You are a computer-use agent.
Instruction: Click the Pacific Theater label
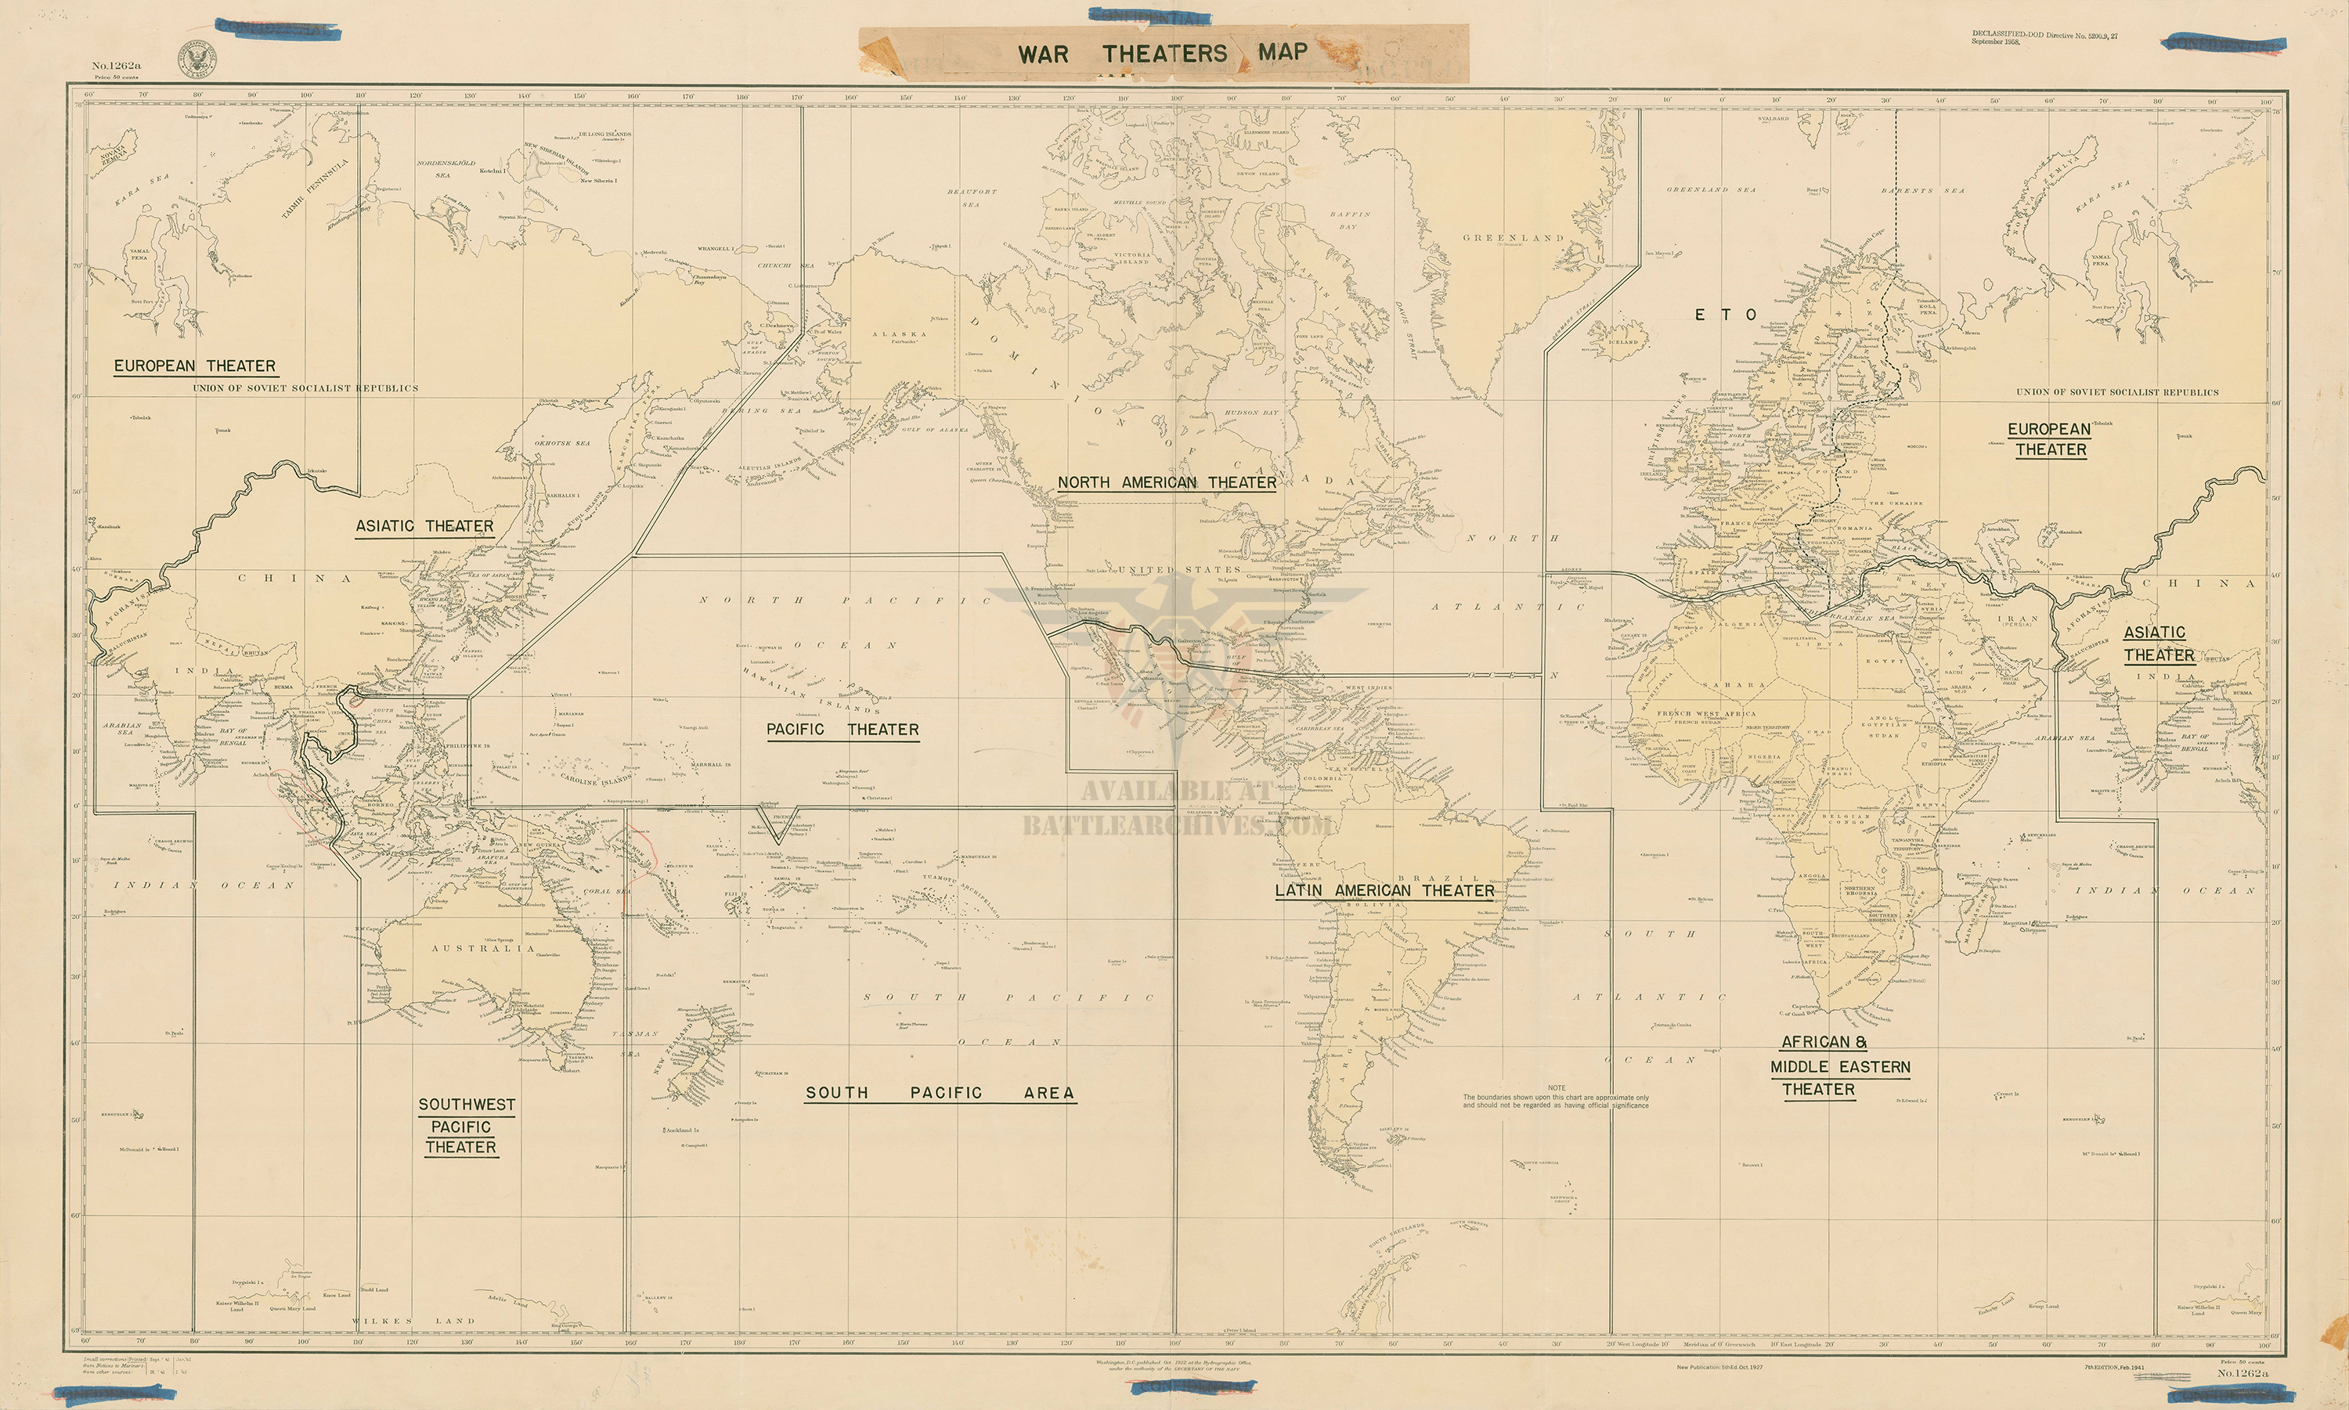click(x=843, y=730)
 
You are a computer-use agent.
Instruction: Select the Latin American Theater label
click(x=1384, y=890)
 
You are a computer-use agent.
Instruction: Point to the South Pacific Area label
click(x=939, y=1093)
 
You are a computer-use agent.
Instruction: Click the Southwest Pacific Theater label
click(x=467, y=1126)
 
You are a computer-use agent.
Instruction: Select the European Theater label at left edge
click(x=195, y=366)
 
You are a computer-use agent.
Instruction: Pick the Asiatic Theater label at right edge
click(x=2159, y=644)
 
